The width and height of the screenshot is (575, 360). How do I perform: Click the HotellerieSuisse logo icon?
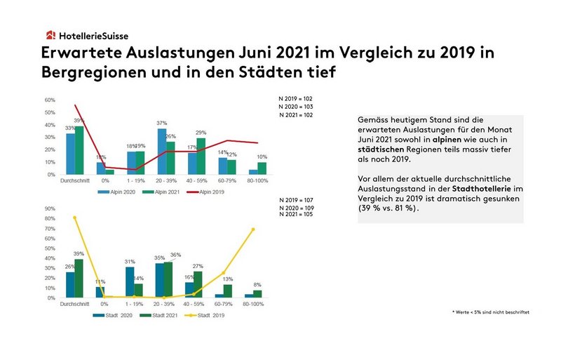tap(50, 35)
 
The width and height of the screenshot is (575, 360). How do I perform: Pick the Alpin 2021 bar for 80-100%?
tap(262, 168)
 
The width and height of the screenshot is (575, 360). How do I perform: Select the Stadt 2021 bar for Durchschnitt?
tap(79, 279)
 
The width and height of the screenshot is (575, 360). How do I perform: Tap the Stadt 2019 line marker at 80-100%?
tap(253, 229)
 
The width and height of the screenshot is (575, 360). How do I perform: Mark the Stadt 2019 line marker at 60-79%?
tap(224, 273)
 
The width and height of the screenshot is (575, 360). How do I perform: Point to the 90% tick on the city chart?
tap(50, 208)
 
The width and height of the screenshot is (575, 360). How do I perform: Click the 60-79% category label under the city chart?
tap(224, 304)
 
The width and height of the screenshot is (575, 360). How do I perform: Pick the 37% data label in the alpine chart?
tap(161, 124)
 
